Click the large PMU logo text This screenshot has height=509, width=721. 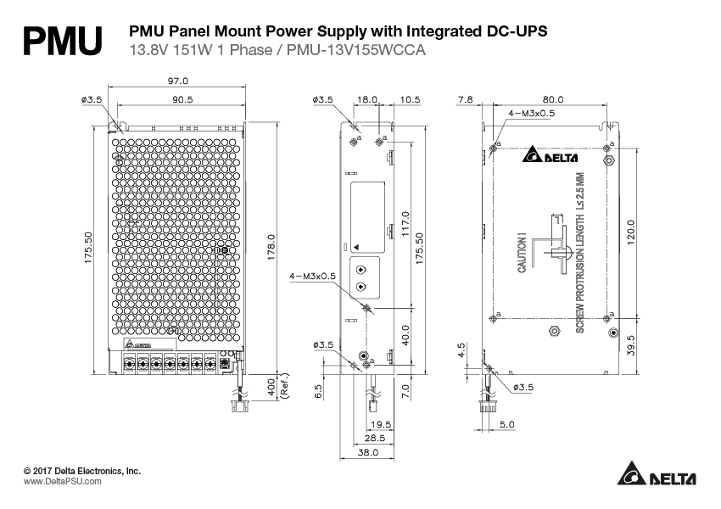click(63, 40)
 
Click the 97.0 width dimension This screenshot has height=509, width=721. click(178, 81)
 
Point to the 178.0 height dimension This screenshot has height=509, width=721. click(271, 249)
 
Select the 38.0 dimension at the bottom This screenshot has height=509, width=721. click(366, 453)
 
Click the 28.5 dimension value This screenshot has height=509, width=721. click(373, 439)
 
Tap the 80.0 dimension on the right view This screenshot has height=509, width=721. click(553, 99)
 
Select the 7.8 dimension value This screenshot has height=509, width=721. click(465, 99)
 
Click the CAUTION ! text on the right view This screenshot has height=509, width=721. click(523, 253)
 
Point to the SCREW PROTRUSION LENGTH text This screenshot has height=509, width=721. click(580, 252)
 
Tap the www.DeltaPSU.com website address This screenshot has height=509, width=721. click(62, 481)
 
